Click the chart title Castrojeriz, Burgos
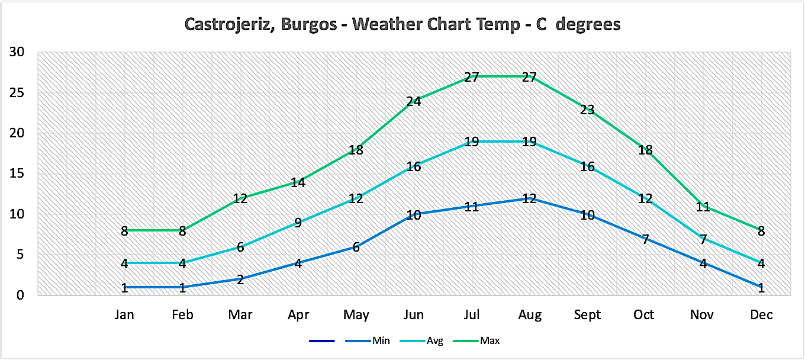coord(402,24)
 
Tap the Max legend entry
coord(489,340)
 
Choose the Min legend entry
coord(381,340)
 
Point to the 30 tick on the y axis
coord(17,52)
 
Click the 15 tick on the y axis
coord(17,173)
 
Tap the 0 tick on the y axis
coord(20,295)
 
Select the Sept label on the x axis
coord(587,315)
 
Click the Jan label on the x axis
coord(124,315)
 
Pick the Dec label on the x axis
coord(761,315)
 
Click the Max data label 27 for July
coord(471,77)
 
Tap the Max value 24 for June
coord(413,101)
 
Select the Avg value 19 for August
coord(529,142)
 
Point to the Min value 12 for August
coord(529,198)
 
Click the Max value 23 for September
coord(587,110)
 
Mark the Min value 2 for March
coord(240,279)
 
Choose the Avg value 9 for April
coord(298,223)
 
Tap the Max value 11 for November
coord(703,207)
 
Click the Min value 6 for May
coord(356,247)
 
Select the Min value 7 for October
coord(645,239)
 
